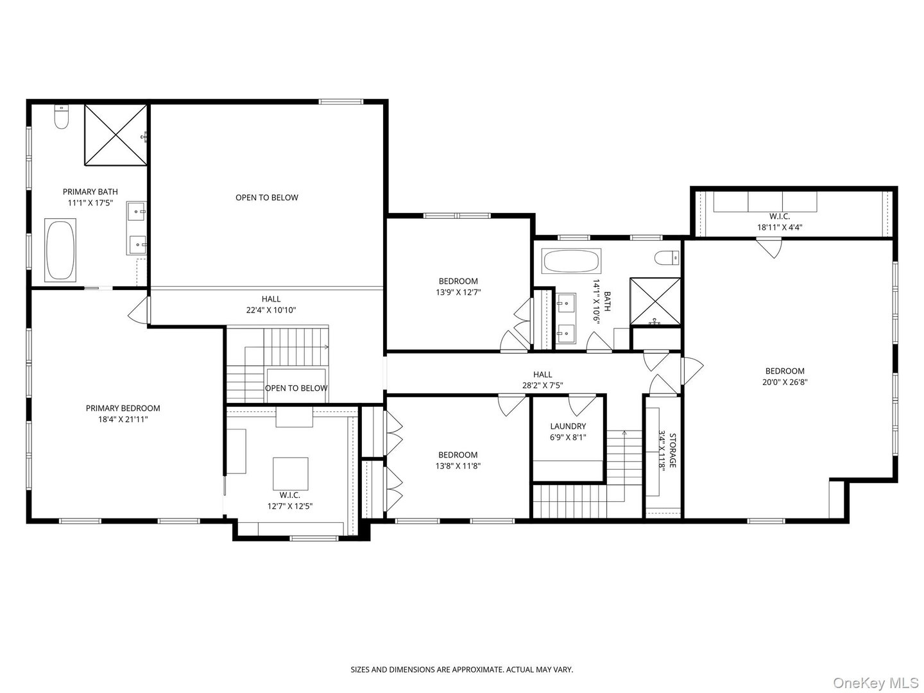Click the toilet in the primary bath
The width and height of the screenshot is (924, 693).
pos(62,117)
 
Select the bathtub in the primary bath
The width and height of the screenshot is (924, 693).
pos(60,250)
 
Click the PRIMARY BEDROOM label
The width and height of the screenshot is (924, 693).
pos(123,408)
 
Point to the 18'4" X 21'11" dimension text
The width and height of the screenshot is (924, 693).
pos(123,420)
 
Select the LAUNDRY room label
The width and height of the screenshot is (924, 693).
pos(568,426)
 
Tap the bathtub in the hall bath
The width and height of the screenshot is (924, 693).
pos(571,261)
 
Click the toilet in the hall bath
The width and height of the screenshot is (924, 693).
pos(667,257)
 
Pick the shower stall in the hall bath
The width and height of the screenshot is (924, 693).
pos(655,302)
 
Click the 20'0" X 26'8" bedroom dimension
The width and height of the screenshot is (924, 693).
pos(784,382)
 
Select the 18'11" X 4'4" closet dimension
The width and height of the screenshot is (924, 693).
pos(780,227)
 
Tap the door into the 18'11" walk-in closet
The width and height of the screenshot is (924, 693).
pos(768,247)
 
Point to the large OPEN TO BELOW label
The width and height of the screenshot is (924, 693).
pos(266,198)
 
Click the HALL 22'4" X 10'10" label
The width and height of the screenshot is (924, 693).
pos(270,304)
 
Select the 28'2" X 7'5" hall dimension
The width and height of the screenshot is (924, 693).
pos(542,386)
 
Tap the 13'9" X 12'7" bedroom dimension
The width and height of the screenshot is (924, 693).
pos(458,292)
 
